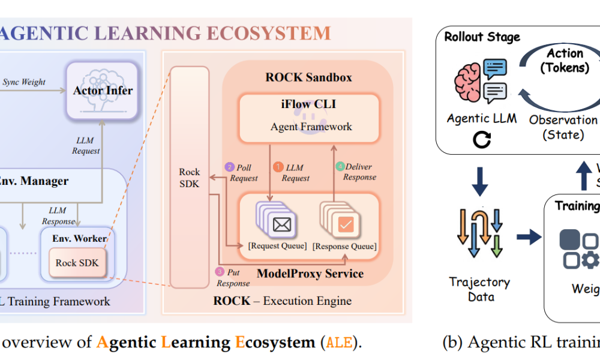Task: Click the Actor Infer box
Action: [103, 91]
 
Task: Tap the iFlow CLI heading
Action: [309, 104]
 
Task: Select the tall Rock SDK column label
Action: [190, 178]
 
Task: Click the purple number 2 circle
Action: [229, 167]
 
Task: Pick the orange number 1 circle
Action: [278, 167]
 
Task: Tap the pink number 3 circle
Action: [220, 271]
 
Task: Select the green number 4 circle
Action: [340, 166]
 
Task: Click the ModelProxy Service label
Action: [310, 274]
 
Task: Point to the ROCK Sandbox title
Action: [309, 77]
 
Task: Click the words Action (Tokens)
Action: [564, 61]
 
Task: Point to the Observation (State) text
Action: [563, 127]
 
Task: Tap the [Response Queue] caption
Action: [345, 246]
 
